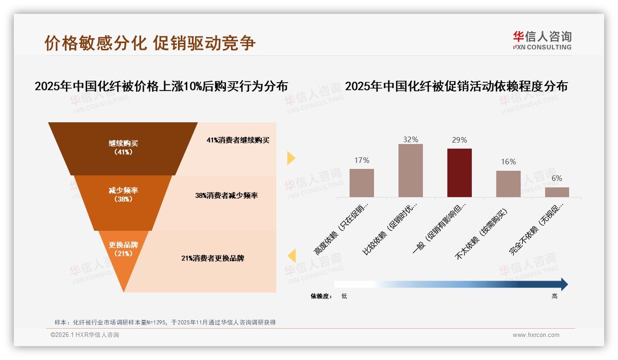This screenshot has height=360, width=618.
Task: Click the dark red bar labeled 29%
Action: pos(459,173)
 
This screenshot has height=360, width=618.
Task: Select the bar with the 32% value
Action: pos(410,170)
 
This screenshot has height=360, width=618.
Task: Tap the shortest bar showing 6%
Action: pos(557,192)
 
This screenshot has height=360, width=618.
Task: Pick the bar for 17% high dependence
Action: pos(362,183)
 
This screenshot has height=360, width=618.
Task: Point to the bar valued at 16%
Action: pos(508,184)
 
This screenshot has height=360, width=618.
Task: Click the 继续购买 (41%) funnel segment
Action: pos(123,148)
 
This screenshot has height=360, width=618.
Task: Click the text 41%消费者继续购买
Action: pos(238,140)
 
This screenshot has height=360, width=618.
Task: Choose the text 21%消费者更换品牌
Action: pos(213,258)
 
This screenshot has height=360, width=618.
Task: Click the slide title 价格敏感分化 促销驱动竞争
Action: pos(150,43)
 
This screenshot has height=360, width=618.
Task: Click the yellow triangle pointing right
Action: pos(291,158)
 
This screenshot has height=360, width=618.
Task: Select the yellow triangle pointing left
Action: pos(291,256)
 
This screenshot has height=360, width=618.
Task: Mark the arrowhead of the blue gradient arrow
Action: pos(564,284)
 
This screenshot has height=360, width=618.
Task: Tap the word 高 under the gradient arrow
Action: pos(554,296)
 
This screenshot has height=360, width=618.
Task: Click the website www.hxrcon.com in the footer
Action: pos(536,335)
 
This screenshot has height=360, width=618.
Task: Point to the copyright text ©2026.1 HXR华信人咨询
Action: pos(85,335)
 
